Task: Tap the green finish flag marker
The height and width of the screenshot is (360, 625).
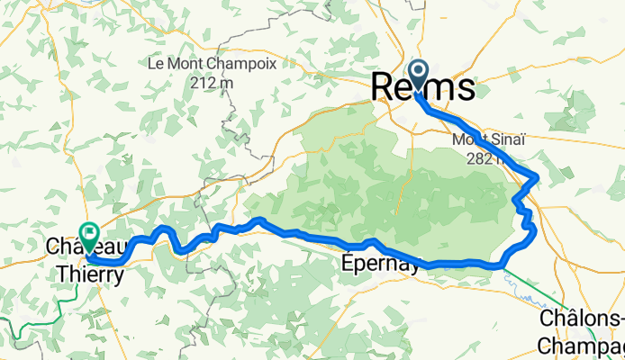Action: click(89, 234)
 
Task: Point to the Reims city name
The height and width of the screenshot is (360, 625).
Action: click(423, 88)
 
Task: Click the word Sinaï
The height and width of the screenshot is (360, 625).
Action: click(502, 140)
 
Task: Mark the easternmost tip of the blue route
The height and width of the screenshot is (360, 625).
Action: click(538, 175)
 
